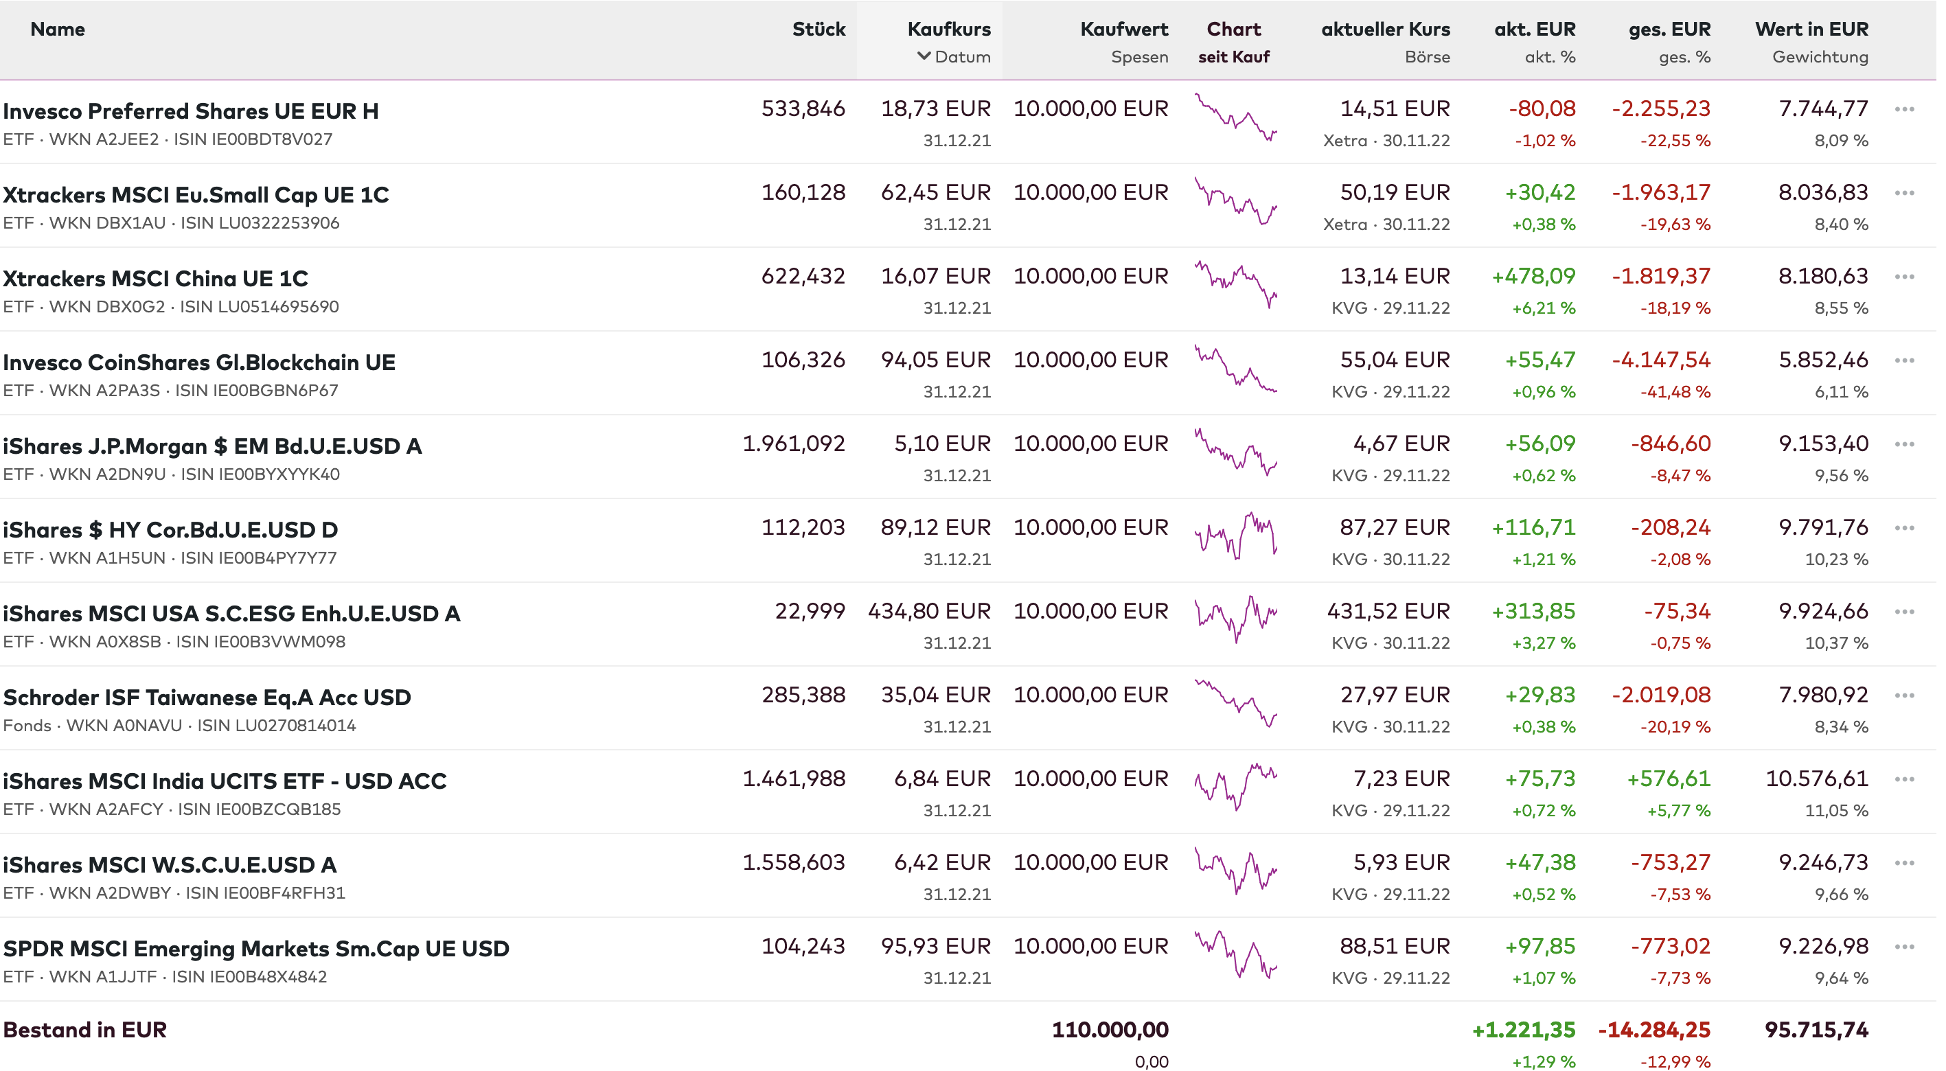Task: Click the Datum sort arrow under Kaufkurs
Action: pos(923,56)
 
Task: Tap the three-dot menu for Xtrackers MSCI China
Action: pos(1903,277)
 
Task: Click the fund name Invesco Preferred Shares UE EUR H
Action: pos(190,111)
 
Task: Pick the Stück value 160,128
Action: pos(803,193)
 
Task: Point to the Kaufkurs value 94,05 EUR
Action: pos(935,360)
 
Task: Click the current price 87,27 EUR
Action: pos(1395,527)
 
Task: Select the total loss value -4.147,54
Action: pos(1660,360)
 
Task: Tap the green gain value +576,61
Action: pos(1668,779)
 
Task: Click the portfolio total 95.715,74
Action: pos(1816,1030)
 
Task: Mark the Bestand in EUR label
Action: pos(84,1030)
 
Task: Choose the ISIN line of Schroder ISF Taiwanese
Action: pos(180,726)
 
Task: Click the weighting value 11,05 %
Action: pos(1835,810)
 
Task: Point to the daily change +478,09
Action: pos(1533,277)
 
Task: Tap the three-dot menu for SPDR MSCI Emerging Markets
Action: pos(1903,947)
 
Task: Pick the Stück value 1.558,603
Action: pos(793,862)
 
